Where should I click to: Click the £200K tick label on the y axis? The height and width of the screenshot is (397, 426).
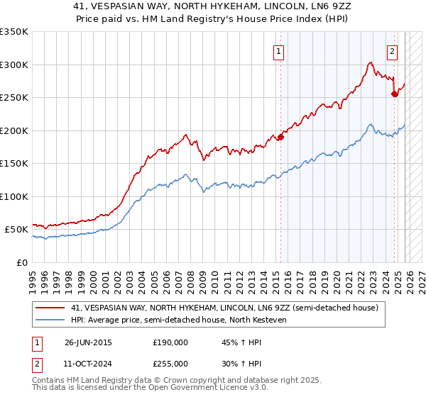pyautogui.click(x=14, y=130)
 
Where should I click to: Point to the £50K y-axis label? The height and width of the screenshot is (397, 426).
pyautogui.click(x=16, y=230)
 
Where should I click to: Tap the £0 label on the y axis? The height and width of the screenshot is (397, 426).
pyautogui.click(x=23, y=263)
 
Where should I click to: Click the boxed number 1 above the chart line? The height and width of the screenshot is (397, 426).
pyautogui.click(x=279, y=51)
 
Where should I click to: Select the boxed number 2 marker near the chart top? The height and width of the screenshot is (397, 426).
pyautogui.click(x=392, y=51)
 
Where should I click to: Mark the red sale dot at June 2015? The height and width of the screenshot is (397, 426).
pyautogui.click(x=280, y=137)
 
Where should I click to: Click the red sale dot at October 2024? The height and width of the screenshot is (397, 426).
pyautogui.click(x=394, y=94)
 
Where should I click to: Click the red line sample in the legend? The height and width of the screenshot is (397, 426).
pyautogui.click(x=50, y=308)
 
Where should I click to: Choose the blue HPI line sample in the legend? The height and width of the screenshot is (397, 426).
pyautogui.click(x=50, y=320)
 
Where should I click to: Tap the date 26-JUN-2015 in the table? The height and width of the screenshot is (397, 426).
pyautogui.click(x=88, y=342)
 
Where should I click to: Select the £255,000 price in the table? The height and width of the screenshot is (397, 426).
pyautogui.click(x=170, y=363)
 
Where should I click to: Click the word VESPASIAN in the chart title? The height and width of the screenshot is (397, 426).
pyautogui.click(x=138, y=6)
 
